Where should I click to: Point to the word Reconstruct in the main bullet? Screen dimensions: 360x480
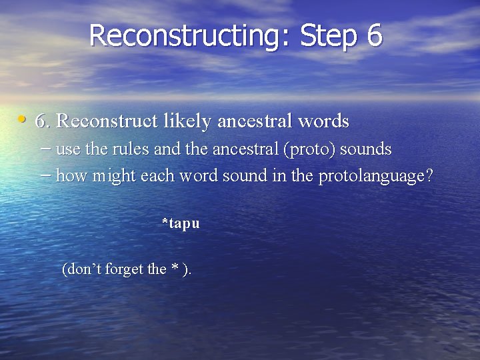click(107, 121)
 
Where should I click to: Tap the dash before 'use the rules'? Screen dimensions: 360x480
click(45, 149)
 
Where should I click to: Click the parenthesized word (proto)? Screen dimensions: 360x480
click(310, 149)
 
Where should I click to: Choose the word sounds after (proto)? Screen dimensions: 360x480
click(366, 149)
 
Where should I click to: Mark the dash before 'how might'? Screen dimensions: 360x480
click(45, 176)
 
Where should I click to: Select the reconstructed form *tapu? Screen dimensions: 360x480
click(181, 223)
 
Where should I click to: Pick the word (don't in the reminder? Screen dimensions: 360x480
click(80, 269)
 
